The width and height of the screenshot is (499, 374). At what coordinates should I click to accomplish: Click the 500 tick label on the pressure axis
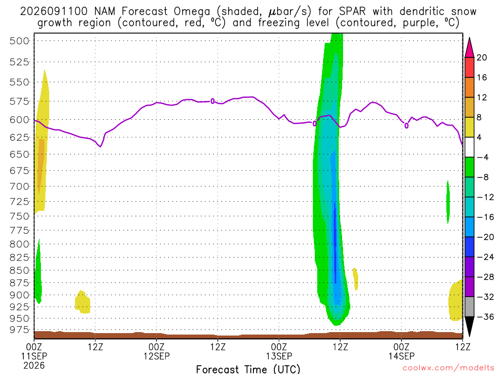[19, 41]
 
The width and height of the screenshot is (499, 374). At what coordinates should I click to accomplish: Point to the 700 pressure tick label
[19, 187]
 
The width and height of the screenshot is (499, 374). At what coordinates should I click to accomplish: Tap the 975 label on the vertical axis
[19, 330]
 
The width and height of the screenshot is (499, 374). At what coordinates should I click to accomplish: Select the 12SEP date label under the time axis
[156, 356]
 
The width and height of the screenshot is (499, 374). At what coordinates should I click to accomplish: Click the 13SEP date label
[279, 356]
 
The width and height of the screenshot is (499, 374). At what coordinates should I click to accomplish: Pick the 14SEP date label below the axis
[402, 356]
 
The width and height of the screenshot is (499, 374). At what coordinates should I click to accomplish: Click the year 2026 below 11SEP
[34, 365]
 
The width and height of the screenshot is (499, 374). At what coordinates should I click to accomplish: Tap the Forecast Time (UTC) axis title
[248, 369]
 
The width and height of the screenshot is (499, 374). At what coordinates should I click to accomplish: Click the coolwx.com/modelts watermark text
[448, 368]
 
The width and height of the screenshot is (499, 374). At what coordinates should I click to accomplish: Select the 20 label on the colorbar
[482, 57]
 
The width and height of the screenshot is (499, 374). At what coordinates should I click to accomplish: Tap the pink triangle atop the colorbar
[469, 47]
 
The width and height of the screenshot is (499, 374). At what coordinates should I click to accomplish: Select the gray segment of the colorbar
[469, 307]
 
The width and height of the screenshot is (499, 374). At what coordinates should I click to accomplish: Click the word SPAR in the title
[352, 12]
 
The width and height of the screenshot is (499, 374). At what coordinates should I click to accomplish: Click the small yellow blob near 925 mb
[83, 302]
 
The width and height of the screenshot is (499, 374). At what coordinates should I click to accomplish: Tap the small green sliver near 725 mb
[448, 202]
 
